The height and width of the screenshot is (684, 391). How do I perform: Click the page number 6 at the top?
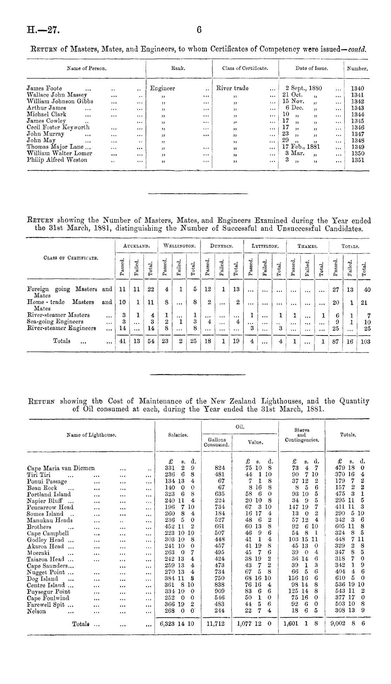199,30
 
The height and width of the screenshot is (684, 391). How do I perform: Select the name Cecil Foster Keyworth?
58,127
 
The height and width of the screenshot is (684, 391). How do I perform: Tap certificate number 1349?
358,147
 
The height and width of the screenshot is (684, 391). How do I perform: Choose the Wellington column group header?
179,247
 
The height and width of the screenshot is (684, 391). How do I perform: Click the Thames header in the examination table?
307,247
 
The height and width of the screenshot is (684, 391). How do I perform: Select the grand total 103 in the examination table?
365,341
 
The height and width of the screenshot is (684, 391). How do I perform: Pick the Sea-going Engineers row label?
55,322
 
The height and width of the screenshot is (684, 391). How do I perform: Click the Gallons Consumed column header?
217,442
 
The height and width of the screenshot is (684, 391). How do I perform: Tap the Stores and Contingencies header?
302,434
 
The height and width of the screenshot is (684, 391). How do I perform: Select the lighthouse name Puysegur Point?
48,592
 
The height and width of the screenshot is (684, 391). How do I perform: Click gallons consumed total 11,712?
216,624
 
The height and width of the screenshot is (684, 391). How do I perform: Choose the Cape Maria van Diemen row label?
61,468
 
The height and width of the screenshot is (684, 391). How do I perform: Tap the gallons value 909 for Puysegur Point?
217,592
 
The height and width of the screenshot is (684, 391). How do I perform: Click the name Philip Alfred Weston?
57,160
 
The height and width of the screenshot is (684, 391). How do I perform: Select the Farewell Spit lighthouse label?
46,605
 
